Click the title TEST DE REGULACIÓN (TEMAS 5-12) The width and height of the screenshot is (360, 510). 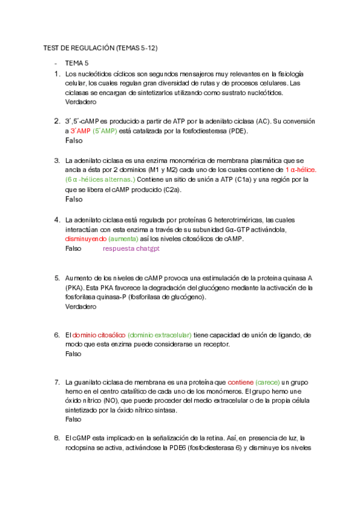tap(101, 48)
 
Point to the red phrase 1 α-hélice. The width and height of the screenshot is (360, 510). tap(301, 170)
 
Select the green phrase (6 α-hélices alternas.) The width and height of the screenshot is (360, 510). tap(100, 180)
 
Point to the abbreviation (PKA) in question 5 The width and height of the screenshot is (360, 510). tap(75, 287)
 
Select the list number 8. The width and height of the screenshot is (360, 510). tap(56, 438)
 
